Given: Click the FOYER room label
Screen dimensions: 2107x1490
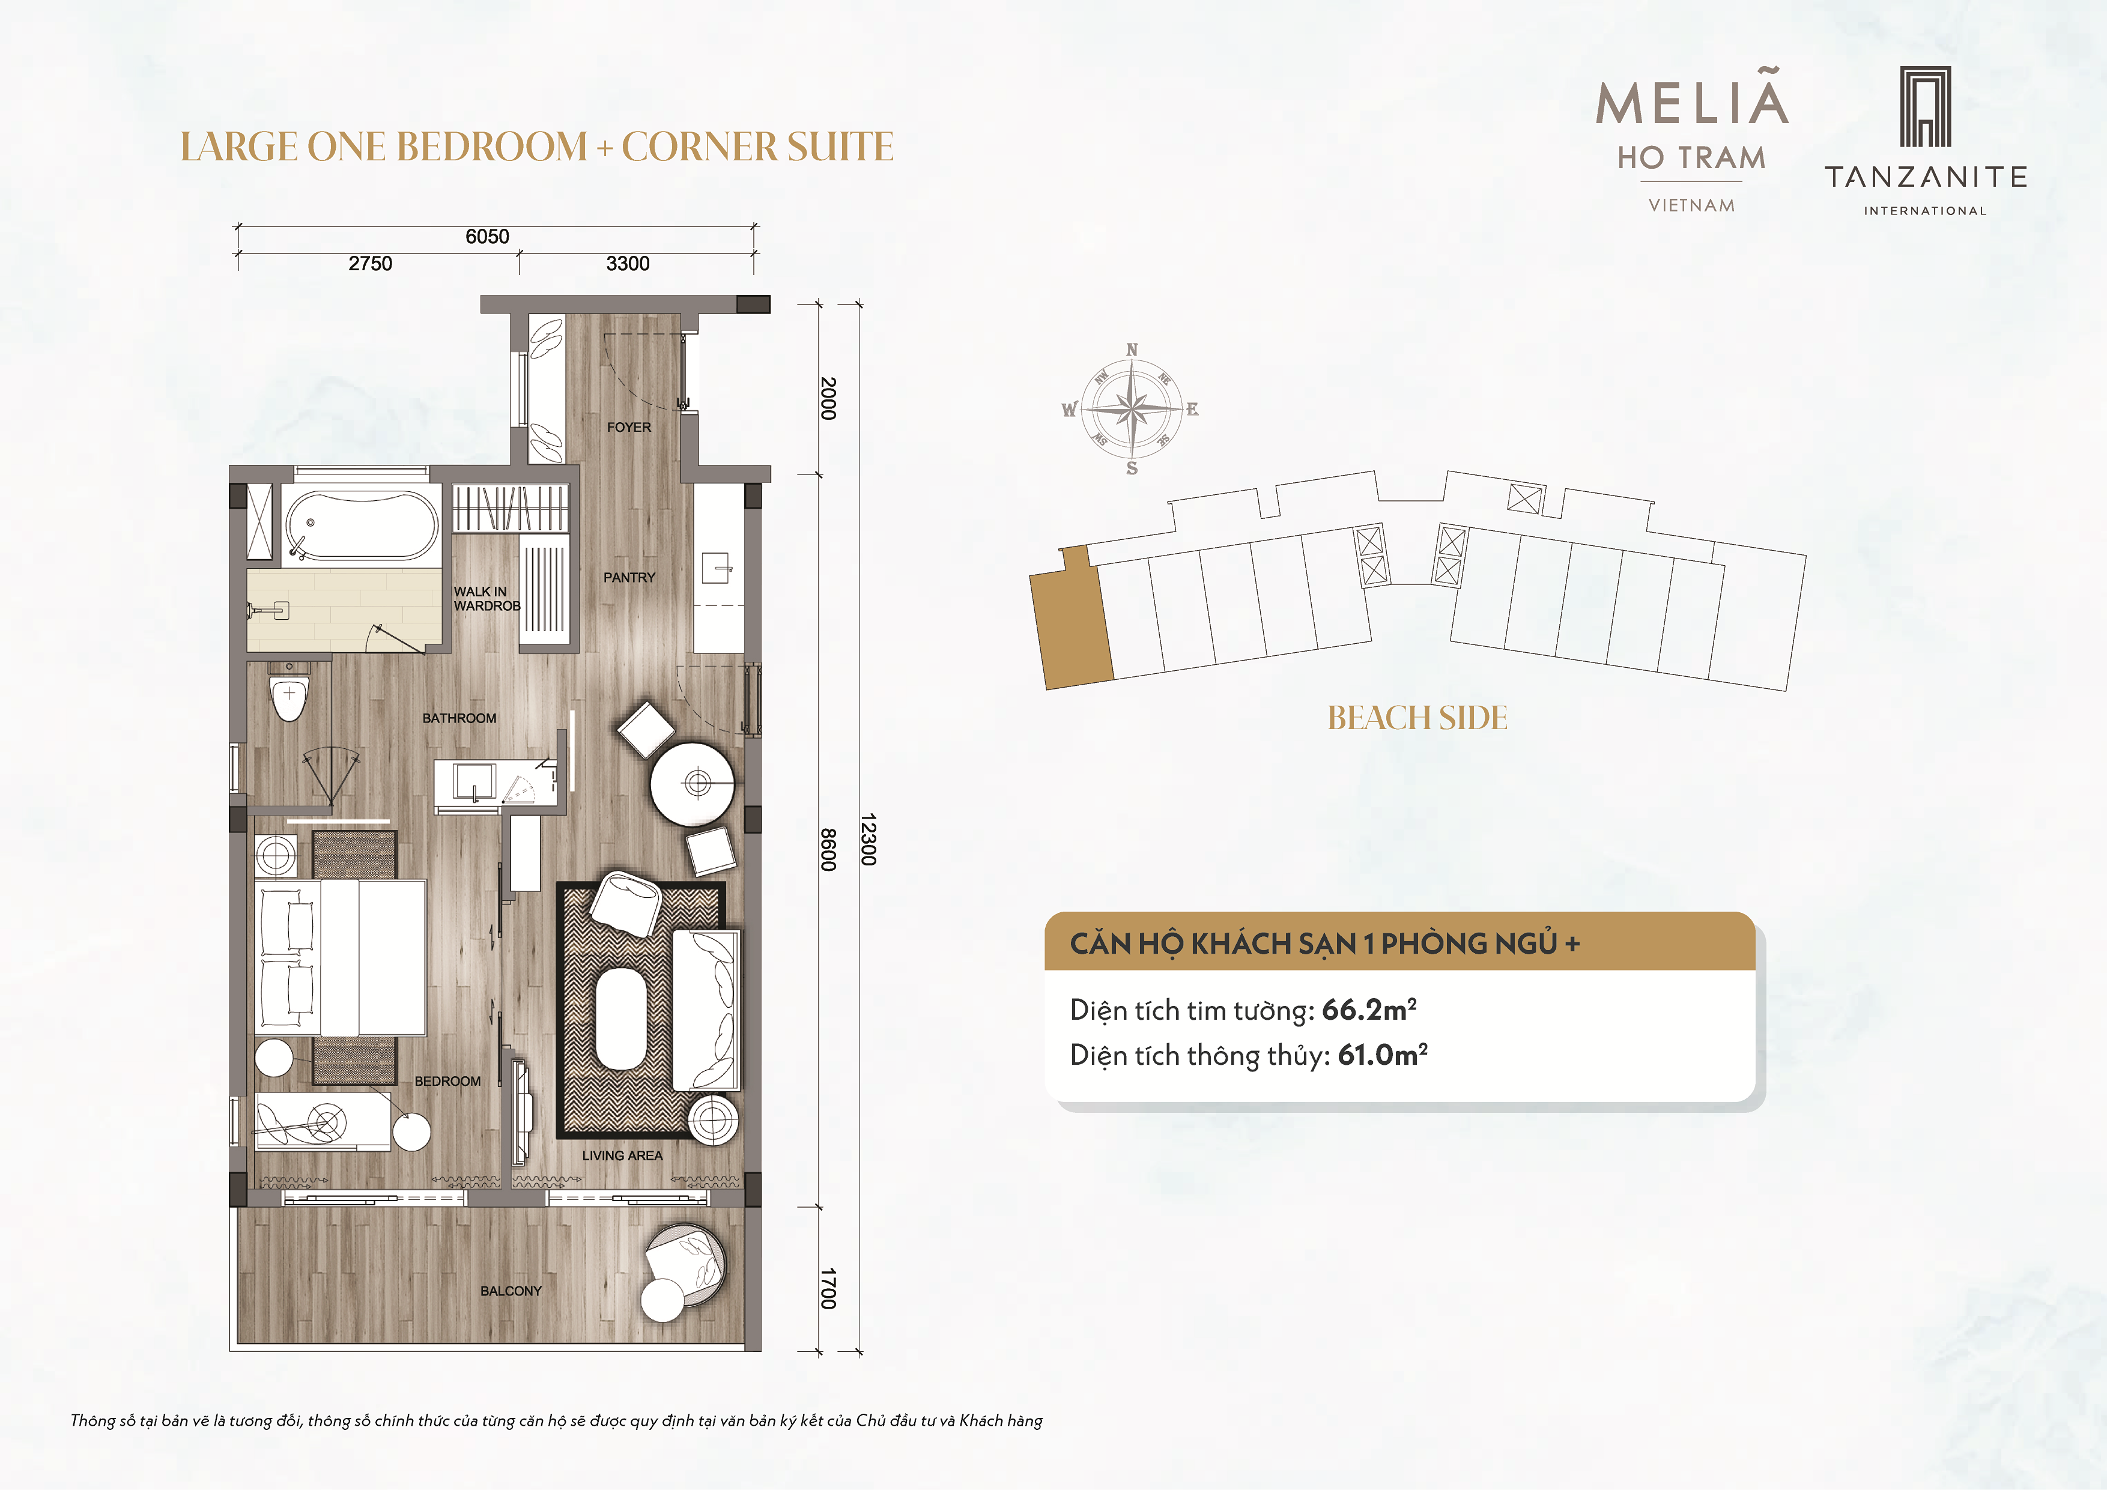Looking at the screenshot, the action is [x=629, y=428].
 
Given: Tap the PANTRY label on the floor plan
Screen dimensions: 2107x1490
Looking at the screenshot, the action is [x=629, y=577].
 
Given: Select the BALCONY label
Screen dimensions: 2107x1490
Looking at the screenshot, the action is [x=511, y=1291].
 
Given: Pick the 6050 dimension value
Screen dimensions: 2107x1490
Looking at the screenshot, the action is [x=487, y=237].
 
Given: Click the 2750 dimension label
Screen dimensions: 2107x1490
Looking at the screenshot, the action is [x=370, y=264].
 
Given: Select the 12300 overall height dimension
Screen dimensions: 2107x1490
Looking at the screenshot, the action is [x=868, y=840].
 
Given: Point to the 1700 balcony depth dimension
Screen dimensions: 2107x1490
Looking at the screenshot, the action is [x=828, y=1288].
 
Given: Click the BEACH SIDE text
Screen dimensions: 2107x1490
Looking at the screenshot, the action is [x=1418, y=718].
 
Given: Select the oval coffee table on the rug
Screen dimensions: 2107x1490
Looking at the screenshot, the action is [x=621, y=1019].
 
